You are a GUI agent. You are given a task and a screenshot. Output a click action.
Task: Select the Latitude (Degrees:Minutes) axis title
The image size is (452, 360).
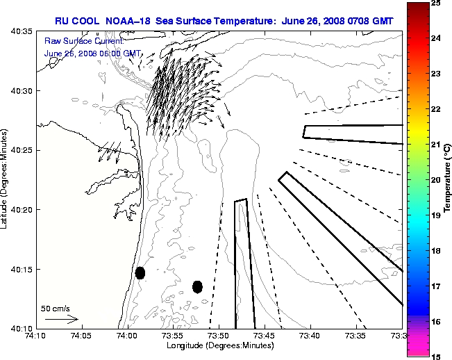tap(5, 179)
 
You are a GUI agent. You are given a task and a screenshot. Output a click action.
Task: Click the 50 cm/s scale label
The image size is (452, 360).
tap(56, 308)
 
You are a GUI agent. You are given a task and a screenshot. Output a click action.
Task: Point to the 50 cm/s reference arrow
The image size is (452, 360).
tap(61, 319)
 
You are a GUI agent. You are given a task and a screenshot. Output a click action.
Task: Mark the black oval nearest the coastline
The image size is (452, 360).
tap(140, 272)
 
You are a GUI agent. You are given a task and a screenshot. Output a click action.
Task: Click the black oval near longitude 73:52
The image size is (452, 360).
tap(197, 286)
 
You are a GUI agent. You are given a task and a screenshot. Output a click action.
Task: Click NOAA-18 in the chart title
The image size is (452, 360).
tap(131, 21)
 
